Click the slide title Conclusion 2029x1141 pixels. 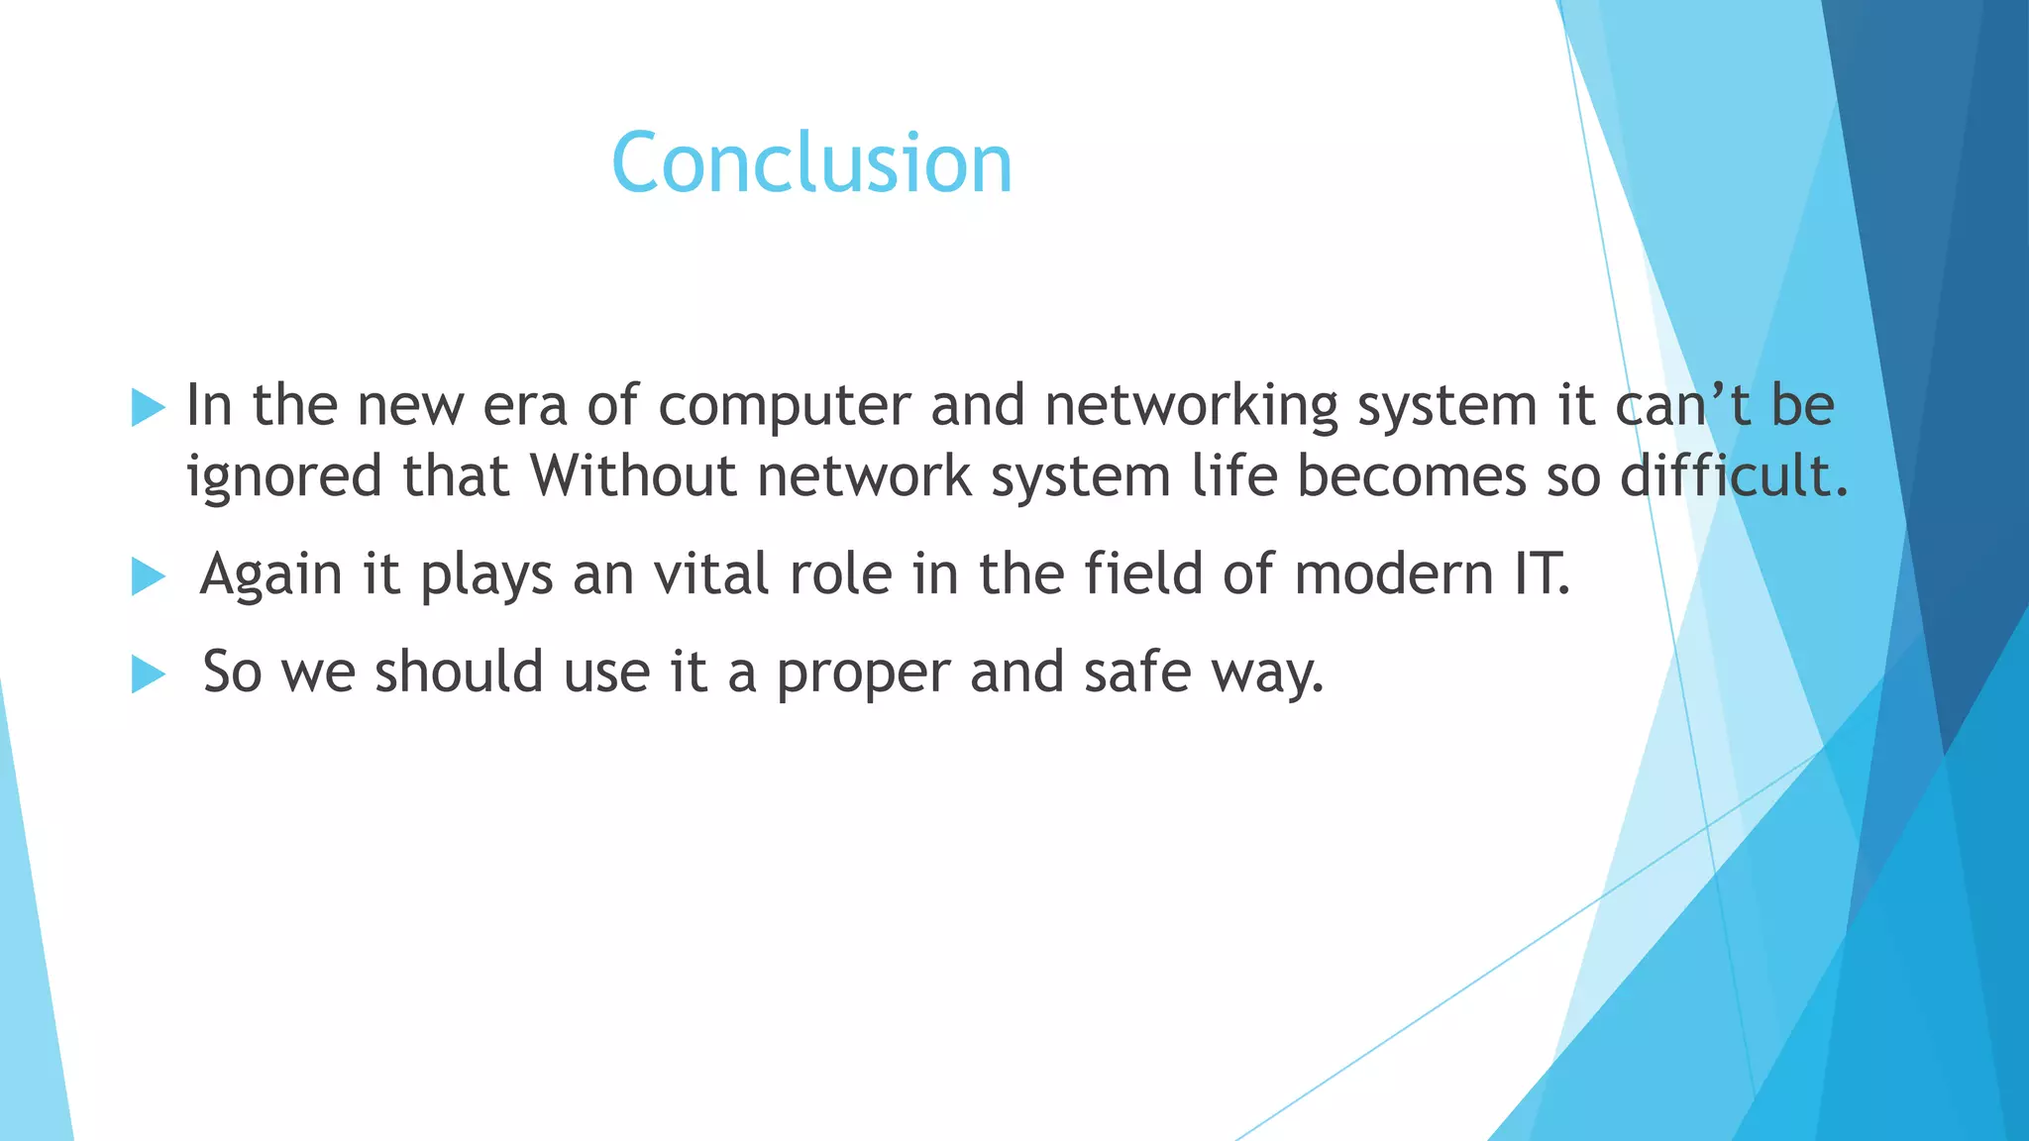click(x=811, y=163)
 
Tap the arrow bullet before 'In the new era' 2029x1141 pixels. click(x=148, y=407)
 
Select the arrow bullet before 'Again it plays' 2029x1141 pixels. click(x=148, y=575)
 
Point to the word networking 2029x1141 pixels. click(x=1191, y=406)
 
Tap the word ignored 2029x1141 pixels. click(x=283, y=476)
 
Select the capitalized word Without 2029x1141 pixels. click(x=633, y=476)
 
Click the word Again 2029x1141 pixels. click(x=270, y=574)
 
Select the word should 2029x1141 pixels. click(x=459, y=673)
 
